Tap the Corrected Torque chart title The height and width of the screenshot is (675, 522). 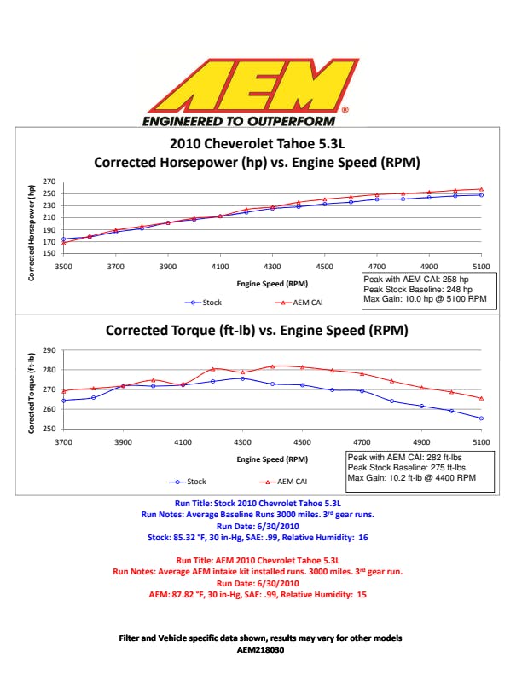(x=256, y=330)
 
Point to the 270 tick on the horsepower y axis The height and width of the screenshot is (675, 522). (x=49, y=182)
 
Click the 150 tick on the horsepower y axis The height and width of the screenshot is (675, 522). (x=49, y=253)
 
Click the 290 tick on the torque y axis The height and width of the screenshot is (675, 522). (x=49, y=350)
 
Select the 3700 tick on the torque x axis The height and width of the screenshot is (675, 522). (x=64, y=442)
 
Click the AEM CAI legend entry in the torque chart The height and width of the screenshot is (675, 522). (x=287, y=481)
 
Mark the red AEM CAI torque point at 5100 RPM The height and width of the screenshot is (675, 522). (x=482, y=398)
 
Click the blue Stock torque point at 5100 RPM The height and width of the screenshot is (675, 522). (x=482, y=418)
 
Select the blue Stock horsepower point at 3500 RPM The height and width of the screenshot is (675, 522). (x=64, y=239)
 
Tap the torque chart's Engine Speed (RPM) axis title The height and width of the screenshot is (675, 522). (x=273, y=460)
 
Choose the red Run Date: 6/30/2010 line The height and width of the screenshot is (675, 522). (x=260, y=584)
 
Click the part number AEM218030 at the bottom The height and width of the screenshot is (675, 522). (x=260, y=649)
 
